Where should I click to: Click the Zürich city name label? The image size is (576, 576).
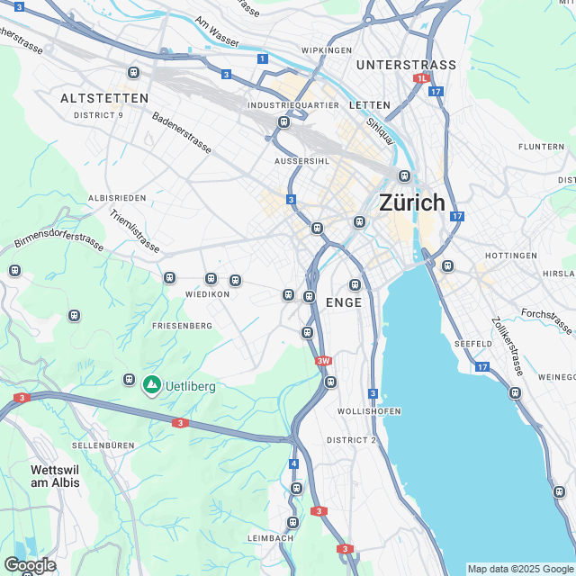point(412,202)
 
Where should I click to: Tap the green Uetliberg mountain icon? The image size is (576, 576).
point(151,385)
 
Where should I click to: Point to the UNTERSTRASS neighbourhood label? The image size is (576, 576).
point(406,65)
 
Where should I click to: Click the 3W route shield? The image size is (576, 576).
point(323,361)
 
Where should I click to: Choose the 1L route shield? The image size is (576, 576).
point(421,78)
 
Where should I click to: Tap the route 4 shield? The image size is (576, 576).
point(293,463)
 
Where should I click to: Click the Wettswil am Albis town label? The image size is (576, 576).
point(55,476)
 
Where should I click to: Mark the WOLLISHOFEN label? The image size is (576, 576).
point(369,411)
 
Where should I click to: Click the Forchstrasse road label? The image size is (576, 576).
point(546,321)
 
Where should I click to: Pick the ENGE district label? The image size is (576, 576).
point(344,303)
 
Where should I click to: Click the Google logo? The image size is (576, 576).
point(29,564)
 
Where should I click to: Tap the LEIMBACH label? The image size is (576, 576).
point(270,538)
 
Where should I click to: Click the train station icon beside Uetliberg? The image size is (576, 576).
point(130,380)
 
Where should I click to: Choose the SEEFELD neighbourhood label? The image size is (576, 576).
point(472,344)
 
